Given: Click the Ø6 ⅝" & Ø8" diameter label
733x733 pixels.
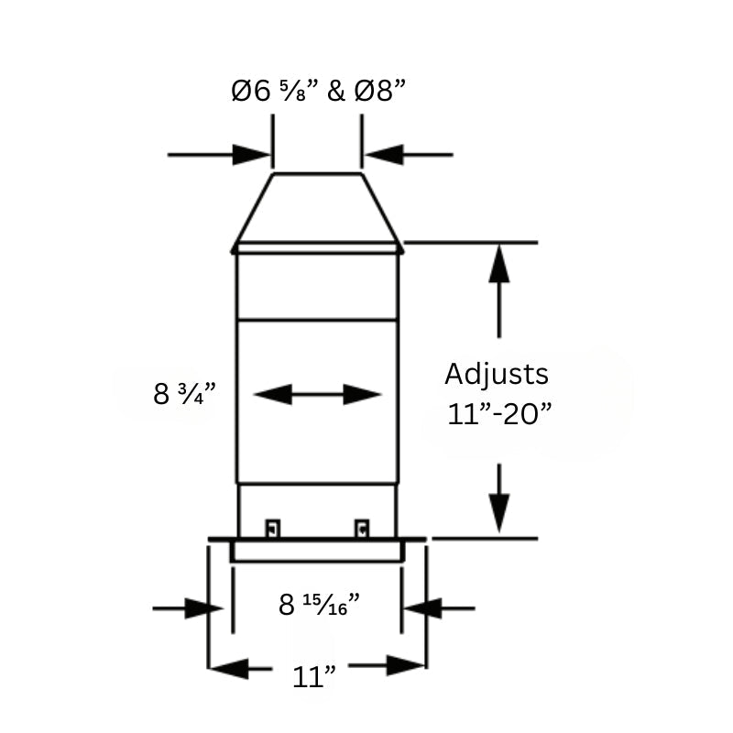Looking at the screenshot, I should [x=318, y=91].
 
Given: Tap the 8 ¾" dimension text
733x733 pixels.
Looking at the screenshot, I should [x=184, y=394].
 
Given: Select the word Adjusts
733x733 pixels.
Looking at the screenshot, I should [x=497, y=374].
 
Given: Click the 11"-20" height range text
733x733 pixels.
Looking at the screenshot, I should [x=500, y=412].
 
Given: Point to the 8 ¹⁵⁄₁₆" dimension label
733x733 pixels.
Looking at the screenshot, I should [x=319, y=604].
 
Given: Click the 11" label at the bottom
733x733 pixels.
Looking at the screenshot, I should [x=314, y=677].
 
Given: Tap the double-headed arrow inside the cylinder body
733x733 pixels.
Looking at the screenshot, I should [x=317, y=395].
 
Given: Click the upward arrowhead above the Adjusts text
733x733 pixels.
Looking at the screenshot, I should [x=499, y=266].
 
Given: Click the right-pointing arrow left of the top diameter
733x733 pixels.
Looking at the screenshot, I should [x=251, y=155].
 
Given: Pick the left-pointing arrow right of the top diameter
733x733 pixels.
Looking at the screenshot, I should [x=384, y=155].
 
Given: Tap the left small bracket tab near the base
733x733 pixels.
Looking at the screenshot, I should [x=272, y=529].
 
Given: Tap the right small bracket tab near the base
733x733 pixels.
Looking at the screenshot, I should [x=363, y=529].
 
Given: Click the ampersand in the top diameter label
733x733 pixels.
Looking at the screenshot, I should [x=335, y=91].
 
